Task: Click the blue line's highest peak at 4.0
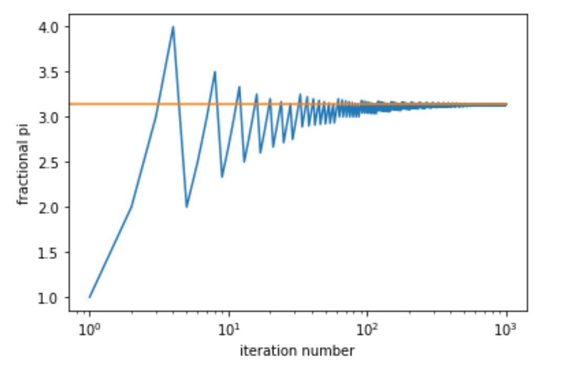pos(172,27)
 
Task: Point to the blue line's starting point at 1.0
pos(90,297)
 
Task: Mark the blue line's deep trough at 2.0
pos(186,207)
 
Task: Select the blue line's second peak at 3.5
pos(214,72)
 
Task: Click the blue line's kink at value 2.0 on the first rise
pos(131,207)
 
